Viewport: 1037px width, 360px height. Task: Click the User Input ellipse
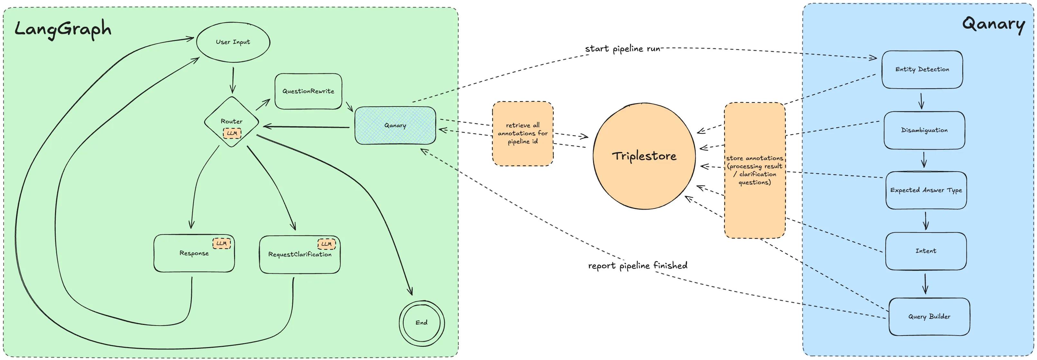tap(233, 42)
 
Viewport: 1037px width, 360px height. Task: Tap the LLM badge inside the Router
tap(232, 133)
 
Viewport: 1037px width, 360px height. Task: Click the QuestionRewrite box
tap(308, 91)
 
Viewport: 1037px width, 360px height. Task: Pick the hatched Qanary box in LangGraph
tap(395, 125)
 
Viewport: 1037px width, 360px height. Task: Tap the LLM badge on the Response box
tap(222, 243)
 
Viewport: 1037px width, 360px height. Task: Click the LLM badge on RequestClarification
tap(326, 244)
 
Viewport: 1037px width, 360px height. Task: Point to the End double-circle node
tap(421, 323)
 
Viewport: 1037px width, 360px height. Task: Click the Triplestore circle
tap(644, 156)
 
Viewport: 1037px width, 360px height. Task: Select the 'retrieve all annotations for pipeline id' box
tap(523, 133)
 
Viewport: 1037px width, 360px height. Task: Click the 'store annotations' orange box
tap(754, 170)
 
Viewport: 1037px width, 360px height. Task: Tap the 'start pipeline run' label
tap(622, 49)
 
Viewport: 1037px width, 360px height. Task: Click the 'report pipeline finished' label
tap(638, 265)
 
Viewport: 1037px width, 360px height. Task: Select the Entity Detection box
tap(922, 69)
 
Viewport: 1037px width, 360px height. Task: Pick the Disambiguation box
tap(924, 130)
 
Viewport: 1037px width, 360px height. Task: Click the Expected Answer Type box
tap(926, 190)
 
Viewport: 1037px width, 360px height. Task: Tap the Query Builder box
tap(929, 317)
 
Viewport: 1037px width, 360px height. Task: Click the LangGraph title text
tap(63, 29)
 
